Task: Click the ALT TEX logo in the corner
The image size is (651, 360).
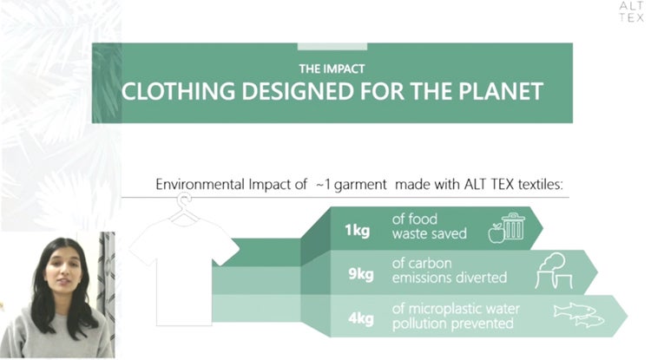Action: tap(632, 12)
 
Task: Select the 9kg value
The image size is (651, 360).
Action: tap(361, 273)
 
